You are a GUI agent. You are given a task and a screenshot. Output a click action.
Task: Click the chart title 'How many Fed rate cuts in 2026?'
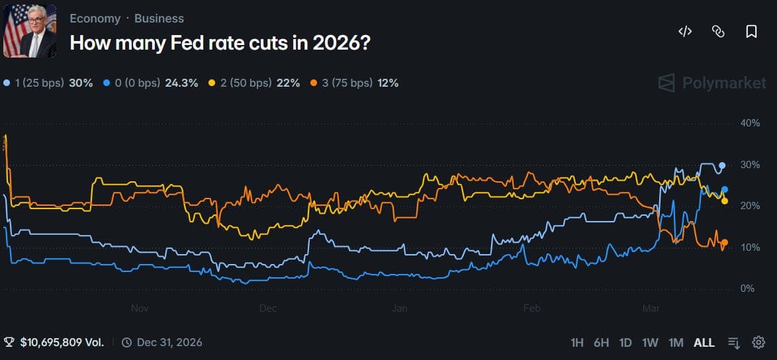(x=220, y=43)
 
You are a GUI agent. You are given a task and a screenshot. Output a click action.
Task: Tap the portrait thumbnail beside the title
(x=30, y=32)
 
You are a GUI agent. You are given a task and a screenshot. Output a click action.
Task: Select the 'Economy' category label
(x=95, y=19)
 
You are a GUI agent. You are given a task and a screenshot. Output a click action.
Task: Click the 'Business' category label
(x=159, y=19)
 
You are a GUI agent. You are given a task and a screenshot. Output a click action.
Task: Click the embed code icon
(x=685, y=31)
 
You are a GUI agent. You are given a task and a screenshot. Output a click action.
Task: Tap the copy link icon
(x=718, y=31)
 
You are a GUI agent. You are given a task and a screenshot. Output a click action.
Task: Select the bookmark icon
(x=751, y=31)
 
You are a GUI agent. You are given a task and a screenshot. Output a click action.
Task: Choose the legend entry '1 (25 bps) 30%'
(x=48, y=83)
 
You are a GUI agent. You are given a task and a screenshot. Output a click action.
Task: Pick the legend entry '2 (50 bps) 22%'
(x=255, y=83)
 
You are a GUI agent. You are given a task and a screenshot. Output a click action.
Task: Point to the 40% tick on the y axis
(x=750, y=123)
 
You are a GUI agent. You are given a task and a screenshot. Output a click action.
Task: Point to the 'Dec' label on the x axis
(x=268, y=308)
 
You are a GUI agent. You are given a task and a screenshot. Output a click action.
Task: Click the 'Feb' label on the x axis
(x=532, y=308)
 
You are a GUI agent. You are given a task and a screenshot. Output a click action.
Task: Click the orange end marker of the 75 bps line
(x=724, y=243)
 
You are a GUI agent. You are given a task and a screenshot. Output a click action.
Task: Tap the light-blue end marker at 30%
(x=722, y=165)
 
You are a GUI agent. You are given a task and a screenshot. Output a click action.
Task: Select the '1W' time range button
(x=650, y=342)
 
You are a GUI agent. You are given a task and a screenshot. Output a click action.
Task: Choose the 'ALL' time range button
(x=704, y=342)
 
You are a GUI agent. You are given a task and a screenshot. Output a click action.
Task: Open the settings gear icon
(x=758, y=342)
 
